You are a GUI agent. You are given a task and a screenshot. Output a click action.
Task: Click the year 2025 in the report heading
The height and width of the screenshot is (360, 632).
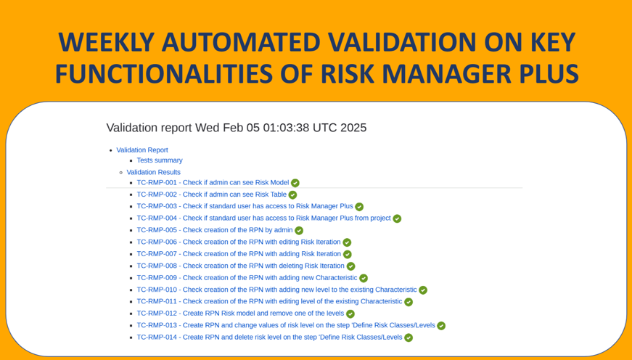click(353, 128)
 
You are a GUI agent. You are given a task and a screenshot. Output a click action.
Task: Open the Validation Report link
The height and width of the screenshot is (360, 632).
click(142, 150)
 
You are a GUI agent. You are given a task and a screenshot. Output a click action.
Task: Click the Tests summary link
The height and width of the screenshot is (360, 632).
click(160, 160)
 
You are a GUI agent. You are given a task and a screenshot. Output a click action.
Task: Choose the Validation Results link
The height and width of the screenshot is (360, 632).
click(154, 172)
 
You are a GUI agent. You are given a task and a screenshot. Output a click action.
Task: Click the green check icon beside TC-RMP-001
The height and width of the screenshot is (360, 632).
click(295, 183)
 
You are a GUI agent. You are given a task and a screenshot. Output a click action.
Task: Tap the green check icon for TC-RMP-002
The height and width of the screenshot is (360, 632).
click(292, 195)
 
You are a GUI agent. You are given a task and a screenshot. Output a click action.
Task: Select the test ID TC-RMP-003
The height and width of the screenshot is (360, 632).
click(157, 206)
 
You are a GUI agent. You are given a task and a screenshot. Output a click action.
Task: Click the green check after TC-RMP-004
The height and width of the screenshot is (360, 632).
click(397, 218)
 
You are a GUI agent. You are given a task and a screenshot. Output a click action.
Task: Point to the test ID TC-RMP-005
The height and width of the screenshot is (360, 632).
click(157, 230)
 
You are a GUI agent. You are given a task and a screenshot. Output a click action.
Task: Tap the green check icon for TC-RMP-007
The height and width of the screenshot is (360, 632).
click(348, 254)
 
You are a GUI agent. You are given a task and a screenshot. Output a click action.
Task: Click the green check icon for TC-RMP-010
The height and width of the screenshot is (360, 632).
click(423, 290)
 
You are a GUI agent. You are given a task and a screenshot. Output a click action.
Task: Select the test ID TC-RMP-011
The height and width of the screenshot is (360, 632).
click(157, 301)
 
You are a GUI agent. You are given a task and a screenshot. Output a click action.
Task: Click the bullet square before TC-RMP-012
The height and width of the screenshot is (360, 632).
click(131, 314)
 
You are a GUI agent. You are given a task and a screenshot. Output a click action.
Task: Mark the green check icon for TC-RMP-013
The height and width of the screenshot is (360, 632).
click(441, 326)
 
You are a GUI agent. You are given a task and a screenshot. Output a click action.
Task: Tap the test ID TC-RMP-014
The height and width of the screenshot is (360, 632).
click(157, 337)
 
